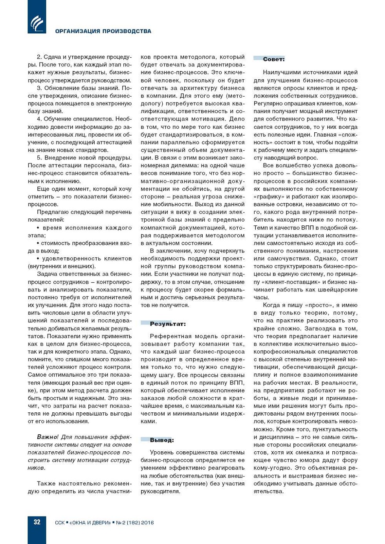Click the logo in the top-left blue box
click(x=37, y=23)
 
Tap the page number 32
click(x=37, y=522)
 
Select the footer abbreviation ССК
click(x=60, y=523)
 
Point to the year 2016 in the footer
click(x=147, y=523)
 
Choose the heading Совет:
click(x=273, y=59)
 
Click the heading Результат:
click(x=168, y=324)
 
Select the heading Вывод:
click(x=161, y=440)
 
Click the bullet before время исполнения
click(x=38, y=228)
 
